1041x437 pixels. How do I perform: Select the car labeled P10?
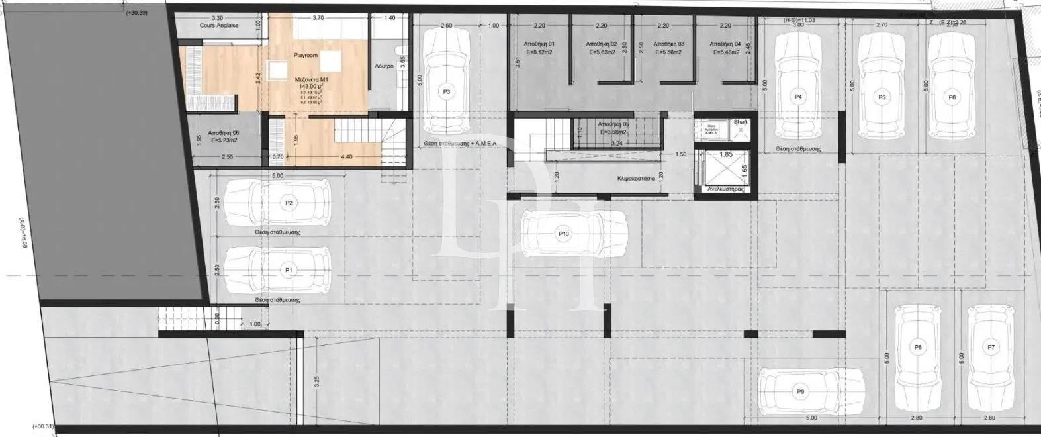coord(564,234)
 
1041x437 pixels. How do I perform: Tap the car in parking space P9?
coord(811,391)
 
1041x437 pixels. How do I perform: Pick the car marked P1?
coord(277,270)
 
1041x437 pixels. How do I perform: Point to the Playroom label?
coord(306,55)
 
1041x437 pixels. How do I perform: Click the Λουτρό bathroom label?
coord(384,66)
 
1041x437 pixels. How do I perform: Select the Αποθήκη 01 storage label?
coord(537,44)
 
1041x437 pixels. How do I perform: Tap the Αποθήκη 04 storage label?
coord(725,44)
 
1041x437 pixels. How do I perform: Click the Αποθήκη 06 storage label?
coord(223,132)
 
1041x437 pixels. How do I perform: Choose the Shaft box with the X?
coord(741,130)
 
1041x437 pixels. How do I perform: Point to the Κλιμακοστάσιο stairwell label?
coord(635,179)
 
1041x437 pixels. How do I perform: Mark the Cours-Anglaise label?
coord(218,25)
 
